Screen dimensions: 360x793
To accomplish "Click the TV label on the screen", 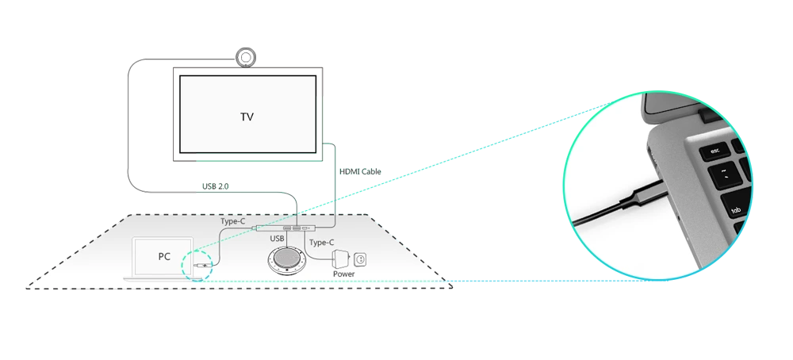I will pos(247,117).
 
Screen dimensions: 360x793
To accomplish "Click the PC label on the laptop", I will pos(164,257).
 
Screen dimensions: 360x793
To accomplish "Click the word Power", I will pos(344,274).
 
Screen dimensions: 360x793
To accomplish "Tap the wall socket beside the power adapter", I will pos(361,258).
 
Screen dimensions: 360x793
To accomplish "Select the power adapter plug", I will pos(340,258).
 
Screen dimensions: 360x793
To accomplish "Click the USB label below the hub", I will pos(277,239).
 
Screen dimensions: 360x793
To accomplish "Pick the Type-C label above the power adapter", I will pos(321,242).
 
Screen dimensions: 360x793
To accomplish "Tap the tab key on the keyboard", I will pos(737,211).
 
